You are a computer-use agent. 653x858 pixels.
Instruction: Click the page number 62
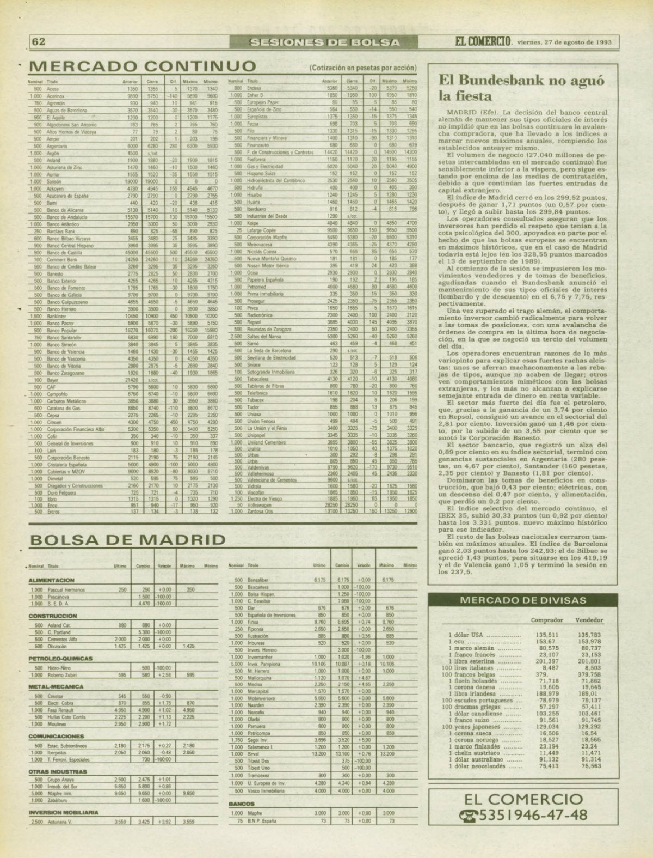38,42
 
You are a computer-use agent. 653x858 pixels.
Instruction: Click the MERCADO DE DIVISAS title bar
523,600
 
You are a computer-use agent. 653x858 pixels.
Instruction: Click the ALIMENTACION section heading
51,580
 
